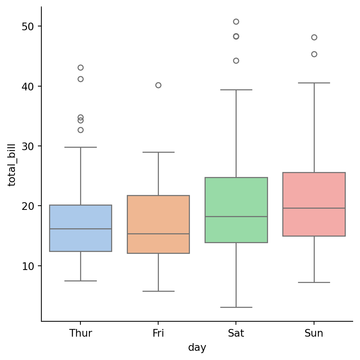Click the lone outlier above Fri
(x=158, y=85)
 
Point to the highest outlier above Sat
(x=236, y=21)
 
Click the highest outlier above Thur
(x=80, y=67)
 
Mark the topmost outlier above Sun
(x=314, y=37)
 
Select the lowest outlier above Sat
(x=236, y=61)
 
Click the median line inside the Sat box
(x=236, y=216)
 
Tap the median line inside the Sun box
(x=314, y=208)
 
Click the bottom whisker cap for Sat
(x=236, y=307)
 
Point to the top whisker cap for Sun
(x=314, y=83)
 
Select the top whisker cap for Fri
(x=158, y=152)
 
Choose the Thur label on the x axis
(x=80, y=334)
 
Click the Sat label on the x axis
(x=236, y=334)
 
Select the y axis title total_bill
(x=12, y=165)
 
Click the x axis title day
(x=197, y=348)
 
